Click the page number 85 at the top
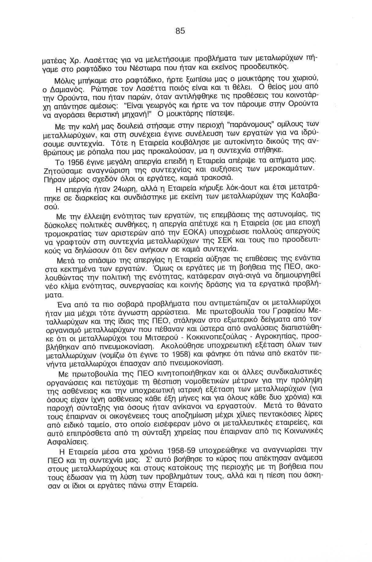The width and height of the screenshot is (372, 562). click(x=180, y=31)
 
